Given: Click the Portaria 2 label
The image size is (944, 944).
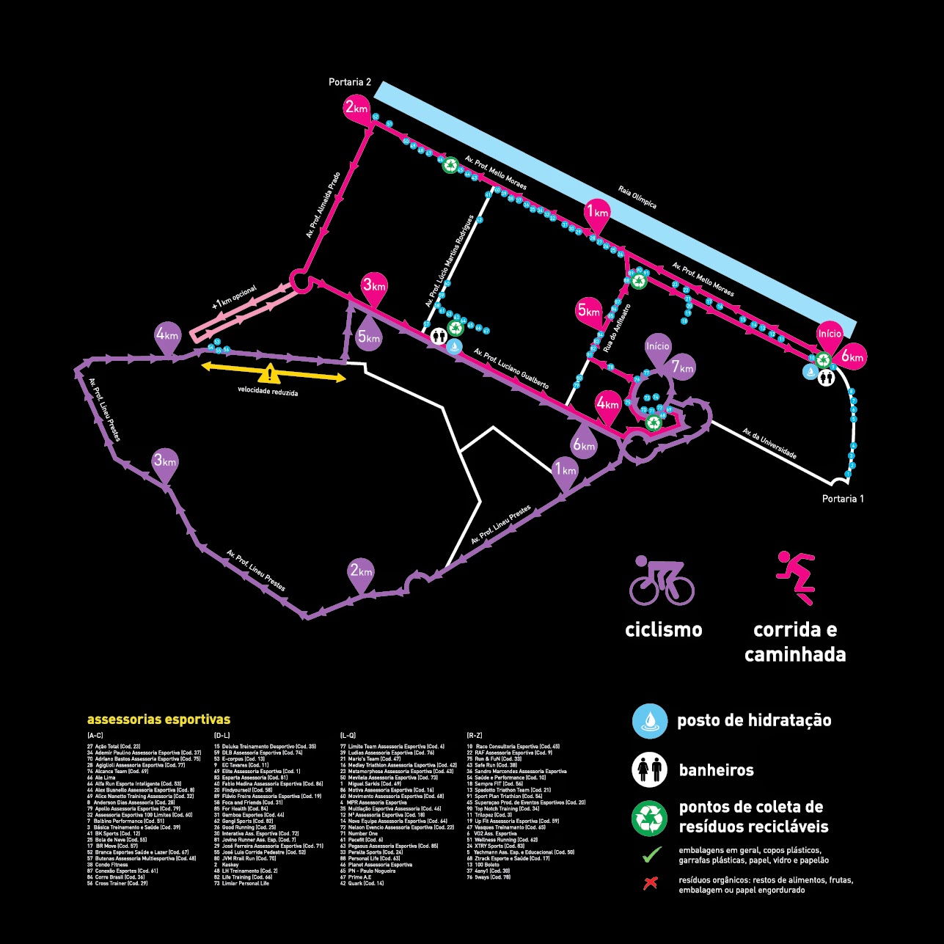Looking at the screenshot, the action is pyautogui.click(x=350, y=82).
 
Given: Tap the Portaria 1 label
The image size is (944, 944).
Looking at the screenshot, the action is pyautogui.click(x=843, y=499).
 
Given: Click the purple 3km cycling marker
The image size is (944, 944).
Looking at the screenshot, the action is pyautogui.click(x=165, y=462).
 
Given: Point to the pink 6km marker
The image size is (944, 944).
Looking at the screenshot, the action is pyautogui.click(x=853, y=357).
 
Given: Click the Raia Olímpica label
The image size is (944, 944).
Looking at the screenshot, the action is pyautogui.click(x=637, y=197).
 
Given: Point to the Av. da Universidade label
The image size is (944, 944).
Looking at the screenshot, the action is pyautogui.click(x=769, y=444).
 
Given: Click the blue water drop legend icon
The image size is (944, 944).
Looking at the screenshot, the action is pyautogui.click(x=650, y=720).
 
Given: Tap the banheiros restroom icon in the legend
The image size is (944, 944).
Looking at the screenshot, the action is pyautogui.click(x=650, y=770).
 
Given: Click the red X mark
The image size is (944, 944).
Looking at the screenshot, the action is pyautogui.click(x=650, y=883).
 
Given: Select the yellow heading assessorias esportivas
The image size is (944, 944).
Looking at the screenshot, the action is pyautogui.click(x=158, y=720).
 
